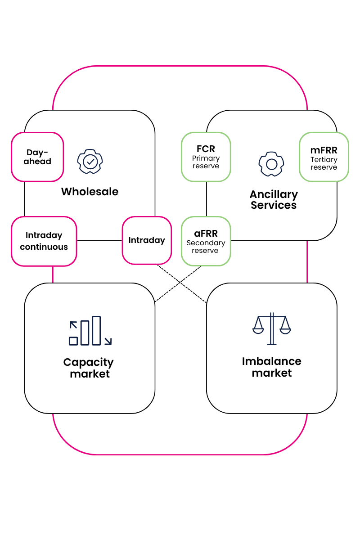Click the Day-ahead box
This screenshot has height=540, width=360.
tap(37, 157)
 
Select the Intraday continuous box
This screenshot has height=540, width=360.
tap(44, 241)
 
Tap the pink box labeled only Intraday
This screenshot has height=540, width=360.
tap(147, 240)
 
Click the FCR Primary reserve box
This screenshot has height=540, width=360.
tap(206, 157)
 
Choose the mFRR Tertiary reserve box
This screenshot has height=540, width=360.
tap(324, 157)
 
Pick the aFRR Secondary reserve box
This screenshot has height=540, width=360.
tap(206, 241)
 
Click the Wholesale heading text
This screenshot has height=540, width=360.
tap(90, 192)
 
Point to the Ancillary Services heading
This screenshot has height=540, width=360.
tap(274, 200)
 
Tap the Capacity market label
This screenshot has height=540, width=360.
tap(89, 368)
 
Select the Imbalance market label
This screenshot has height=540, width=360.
tap(271, 367)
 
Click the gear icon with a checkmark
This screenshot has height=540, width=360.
tap(90, 161)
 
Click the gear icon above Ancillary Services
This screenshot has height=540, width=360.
tap(271, 164)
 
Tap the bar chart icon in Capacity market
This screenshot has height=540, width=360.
tap(90, 331)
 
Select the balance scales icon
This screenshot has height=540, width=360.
tap(271, 328)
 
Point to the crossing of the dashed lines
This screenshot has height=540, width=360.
tap(180, 283)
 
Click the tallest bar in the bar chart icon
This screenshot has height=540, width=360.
tap(96, 331)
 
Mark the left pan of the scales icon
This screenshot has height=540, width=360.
tap(258, 330)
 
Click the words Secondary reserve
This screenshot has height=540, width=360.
tap(206, 247)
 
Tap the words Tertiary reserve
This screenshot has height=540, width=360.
tap(324, 163)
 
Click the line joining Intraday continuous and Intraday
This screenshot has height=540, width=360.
tap(99, 241)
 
